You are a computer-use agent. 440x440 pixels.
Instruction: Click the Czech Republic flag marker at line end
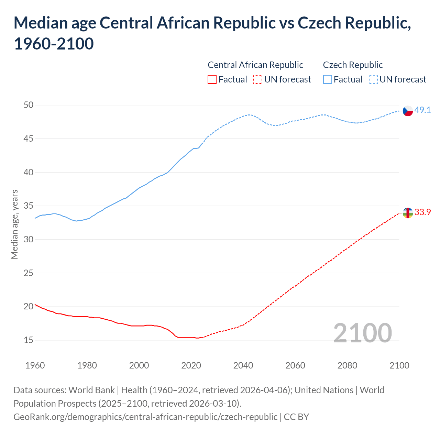pyautogui.click(x=407, y=111)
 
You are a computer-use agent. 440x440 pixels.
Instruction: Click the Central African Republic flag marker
pyautogui.click(x=407, y=213)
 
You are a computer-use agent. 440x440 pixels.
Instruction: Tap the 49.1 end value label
pyautogui.click(x=422, y=110)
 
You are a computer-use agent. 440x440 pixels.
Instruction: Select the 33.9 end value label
pyautogui.click(x=422, y=212)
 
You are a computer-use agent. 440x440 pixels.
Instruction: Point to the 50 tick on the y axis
pyautogui.click(x=29, y=105)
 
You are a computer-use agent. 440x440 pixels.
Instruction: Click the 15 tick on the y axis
pyautogui.click(x=29, y=340)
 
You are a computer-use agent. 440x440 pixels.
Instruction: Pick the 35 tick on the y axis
pyautogui.click(x=29, y=206)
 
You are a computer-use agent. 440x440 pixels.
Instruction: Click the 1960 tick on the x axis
pyautogui.click(x=35, y=365)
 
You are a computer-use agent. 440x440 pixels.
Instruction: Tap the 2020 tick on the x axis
pyautogui.click(x=191, y=365)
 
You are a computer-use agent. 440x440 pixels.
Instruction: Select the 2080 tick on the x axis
pyautogui.click(x=347, y=365)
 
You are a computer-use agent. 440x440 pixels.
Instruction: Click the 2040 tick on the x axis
pyautogui.click(x=243, y=365)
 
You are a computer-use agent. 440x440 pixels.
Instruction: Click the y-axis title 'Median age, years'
pyautogui.click(x=14, y=224)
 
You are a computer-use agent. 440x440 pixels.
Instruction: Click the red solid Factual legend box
pyautogui.click(x=212, y=79)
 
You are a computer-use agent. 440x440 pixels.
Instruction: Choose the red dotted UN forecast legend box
pyautogui.click(x=258, y=79)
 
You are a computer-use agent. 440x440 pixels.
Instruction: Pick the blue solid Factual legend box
pyautogui.click(x=328, y=79)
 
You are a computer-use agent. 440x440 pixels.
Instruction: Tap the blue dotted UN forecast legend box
pyautogui.click(x=373, y=79)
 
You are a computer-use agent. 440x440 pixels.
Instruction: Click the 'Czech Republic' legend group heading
pyautogui.click(x=353, y=65)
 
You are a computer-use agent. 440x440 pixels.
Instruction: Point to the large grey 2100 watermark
pyautogui.click(x=362, y=333)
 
